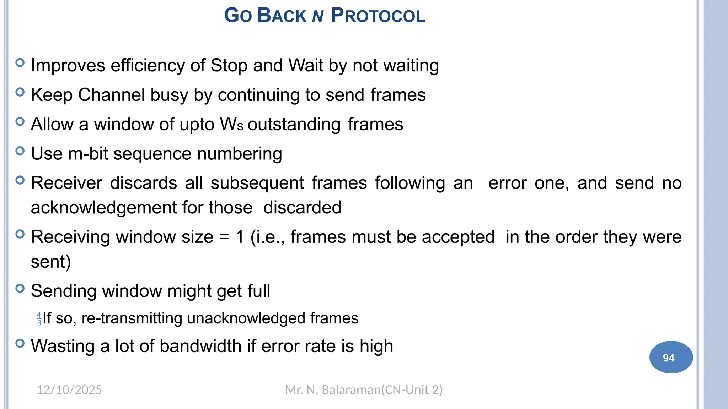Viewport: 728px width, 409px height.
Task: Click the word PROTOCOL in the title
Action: click(x=378, y=16)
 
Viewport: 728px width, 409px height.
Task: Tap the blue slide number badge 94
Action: click(x=671, y=357)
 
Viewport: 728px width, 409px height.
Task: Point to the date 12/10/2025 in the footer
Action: click(x=69, y=390)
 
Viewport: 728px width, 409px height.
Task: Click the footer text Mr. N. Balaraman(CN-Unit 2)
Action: click(x=364, y=390)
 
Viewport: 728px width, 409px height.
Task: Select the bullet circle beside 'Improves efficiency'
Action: click(x=20, y=63)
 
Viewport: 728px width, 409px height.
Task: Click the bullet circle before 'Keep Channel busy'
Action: click(x=20, y=92)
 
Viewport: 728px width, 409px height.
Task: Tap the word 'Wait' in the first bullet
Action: click(x=305, y=66)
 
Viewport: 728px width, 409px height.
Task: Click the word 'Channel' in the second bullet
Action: click(x=111, y=95)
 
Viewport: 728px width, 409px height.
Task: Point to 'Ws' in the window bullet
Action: click(x=231, y=125)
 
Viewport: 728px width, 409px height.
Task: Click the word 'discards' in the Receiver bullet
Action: click(x=144, y=183)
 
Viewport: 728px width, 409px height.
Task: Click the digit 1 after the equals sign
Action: click(x=240, y=237)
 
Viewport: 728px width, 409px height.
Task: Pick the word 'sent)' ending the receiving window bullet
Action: click(x=51, y=262)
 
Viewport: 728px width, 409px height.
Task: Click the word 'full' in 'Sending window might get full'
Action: click(x=259, y=291)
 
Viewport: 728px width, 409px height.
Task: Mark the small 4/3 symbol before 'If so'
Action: click(x=39, y=319)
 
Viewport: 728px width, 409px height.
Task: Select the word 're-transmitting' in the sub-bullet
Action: click(x=132, y=318)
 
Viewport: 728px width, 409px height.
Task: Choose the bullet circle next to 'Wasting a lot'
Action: click(x=20, y=343)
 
